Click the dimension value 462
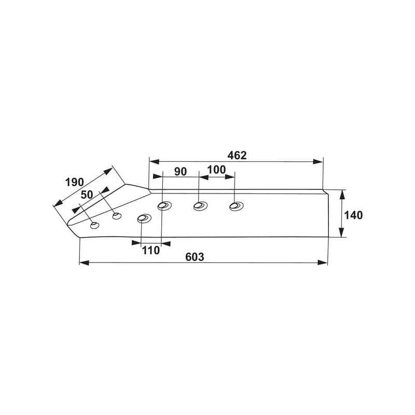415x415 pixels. pyautogui.click(x=237, y=155)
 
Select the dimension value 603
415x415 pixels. pyautogui.click(x=195, y=257)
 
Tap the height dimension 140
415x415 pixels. pyautogui.click(x=353, y=215)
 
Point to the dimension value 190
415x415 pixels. pyautogui.click(x=74, y=182)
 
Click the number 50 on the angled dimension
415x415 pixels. pyautogui.click(x=87, y=195)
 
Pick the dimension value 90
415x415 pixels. pyautogui.click(x=181, y=172)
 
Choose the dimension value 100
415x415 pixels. pyautogui.click(x=216, y=170)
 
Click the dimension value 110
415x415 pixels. pyautogui.click(x=151, y=250)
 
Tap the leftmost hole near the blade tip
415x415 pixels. pyautogui.click(x=95, y=226)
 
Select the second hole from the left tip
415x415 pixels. pyautogui.click(x=117, y=216)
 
